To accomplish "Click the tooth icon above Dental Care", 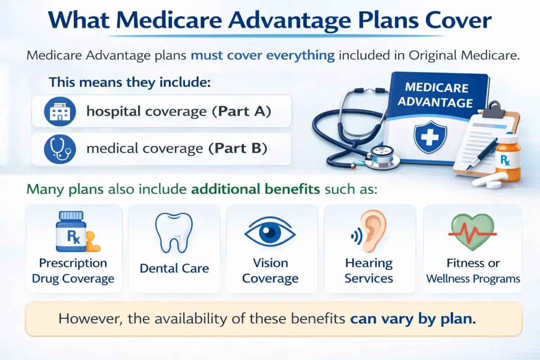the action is tap(174, 233).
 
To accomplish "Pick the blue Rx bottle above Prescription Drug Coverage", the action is tap(71, 231).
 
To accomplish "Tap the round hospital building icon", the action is tap(60, 112).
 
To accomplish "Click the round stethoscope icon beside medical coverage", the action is tap(60, 149).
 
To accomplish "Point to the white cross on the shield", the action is tap(430, 136).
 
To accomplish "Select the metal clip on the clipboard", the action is tap(493, 110).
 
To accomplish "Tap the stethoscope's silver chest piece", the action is tap(381, 158).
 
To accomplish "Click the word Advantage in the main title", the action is tap(289, 21).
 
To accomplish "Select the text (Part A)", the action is tap(242, 112).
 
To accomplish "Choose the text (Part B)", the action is tap(238, 148).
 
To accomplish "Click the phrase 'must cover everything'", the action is tap(263, 55).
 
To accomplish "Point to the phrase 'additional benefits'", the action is tap(256, 189).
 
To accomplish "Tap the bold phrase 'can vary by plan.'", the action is tap(413, 319).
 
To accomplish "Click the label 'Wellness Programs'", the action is tap(473, 279).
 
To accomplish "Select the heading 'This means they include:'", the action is tap(130, 82).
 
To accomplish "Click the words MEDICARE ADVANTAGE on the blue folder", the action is tap(436, 95).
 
